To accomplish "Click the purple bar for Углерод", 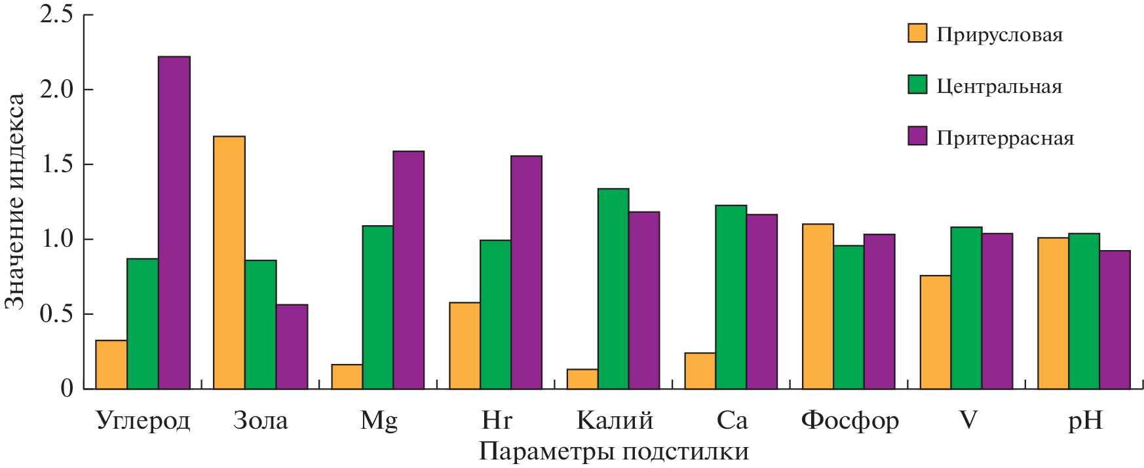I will click(x=174, y=223).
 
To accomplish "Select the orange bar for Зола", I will click(x=229, y=262).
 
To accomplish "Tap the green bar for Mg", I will click(x=378, y=307).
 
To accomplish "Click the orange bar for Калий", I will click(x=582, y=379).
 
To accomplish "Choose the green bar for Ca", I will click(x=731, y=297).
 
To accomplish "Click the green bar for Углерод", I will click(x=143, y=323).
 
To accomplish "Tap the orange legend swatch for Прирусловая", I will click(x=917, y=33).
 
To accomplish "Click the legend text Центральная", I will click(x=999, y=86).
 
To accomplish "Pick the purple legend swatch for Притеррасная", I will click(x=917, y=136).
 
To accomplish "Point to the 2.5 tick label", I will click(x=57, y=14).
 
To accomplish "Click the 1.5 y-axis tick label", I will click(x=57, y=164).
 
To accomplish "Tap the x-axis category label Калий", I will click(x=615, y=420).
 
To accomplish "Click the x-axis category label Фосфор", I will click(x=850, y=420).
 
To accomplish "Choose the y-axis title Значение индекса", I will click(x=14, y=201).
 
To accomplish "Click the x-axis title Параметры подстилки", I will click(x=613, y=452).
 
